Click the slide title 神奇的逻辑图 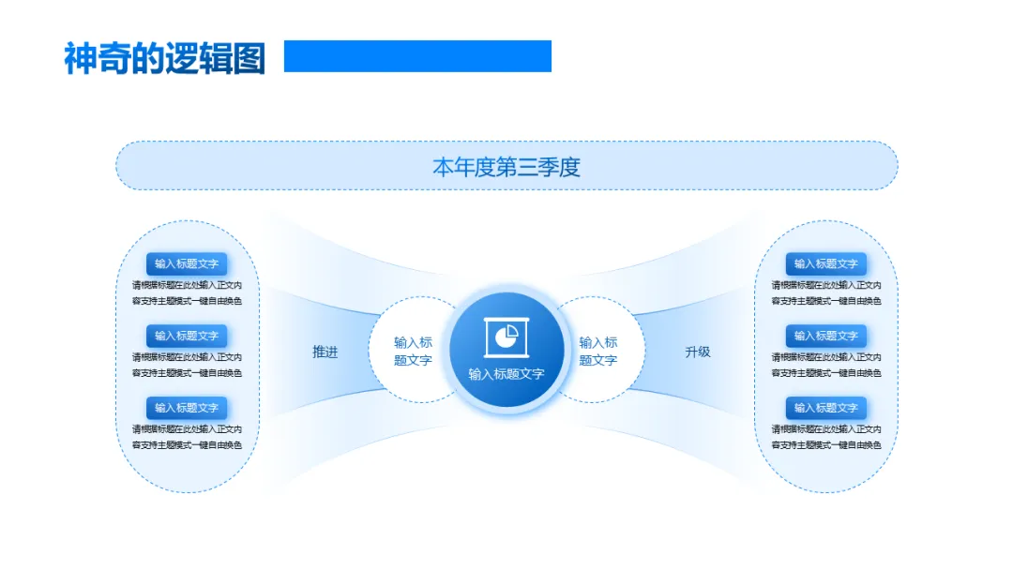(x=164, y=58)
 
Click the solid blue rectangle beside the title (x=417, y=56)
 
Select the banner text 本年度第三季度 (x=506, y=167)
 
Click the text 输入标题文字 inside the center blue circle (x=506, y=374)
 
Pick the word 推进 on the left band (x=325, y=352)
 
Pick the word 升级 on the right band (x=698, y=352)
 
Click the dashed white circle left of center (x=411, y=351)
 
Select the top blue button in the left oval (x=187, y=264)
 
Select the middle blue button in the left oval (x=187, y=336)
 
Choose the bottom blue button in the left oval (x=187, y=408)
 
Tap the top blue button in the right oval (x=826, y=264)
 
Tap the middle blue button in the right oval (x=826, y=336)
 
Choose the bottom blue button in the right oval (x=826, y=408)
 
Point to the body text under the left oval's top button (x=187, y=293)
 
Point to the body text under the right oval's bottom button (x=826, y=437)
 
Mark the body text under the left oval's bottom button (x=187, y=437)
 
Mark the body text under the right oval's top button (x=826, y=293)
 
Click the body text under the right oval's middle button (x=826, y=365)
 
